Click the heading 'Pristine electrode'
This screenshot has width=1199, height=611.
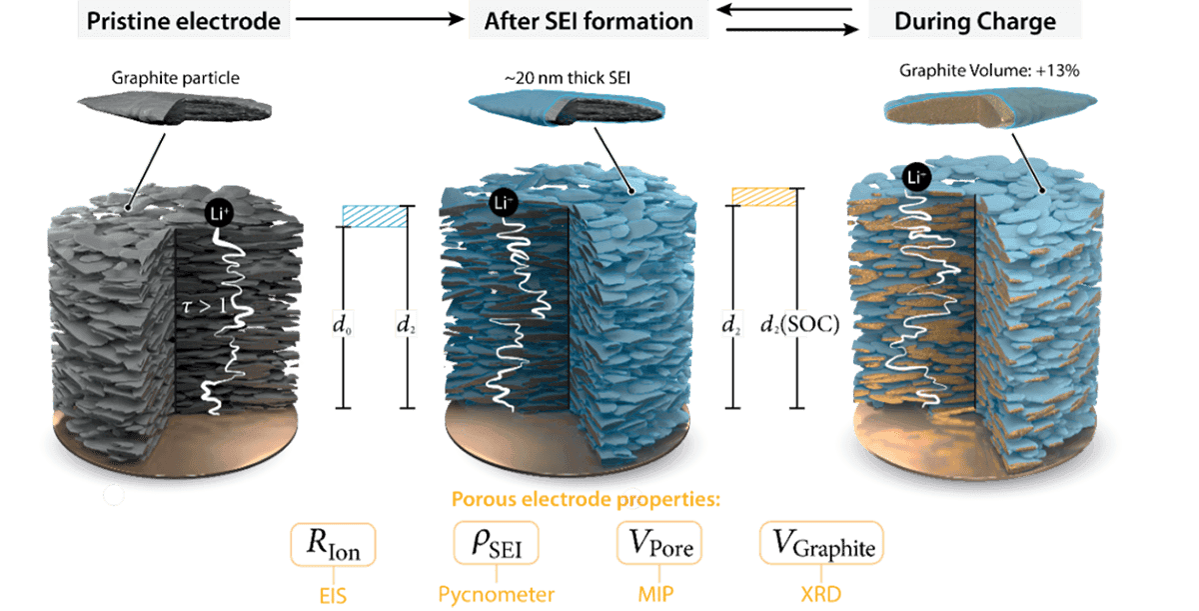point(184,21)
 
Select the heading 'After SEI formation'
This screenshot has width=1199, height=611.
point(589,21)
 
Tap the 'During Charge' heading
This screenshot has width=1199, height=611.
point(975,22)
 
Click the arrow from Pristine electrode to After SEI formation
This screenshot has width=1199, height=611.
point(380,19)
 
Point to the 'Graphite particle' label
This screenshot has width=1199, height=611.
point(175,78)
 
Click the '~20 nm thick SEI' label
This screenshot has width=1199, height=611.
point(567,78)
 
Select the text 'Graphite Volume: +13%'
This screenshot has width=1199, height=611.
point(989,71)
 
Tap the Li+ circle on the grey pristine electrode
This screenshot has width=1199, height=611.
point(219,214)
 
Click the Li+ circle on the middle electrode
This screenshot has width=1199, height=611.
point(504,202)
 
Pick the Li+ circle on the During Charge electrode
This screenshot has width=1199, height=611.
point(916,177)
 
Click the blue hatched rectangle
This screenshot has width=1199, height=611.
point(374,216)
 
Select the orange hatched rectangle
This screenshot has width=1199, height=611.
point(763,197)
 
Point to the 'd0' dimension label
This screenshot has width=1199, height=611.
point(342,325)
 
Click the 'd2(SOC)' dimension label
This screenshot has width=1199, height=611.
point(799,324)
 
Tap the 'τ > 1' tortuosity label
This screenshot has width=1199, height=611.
point(205,306)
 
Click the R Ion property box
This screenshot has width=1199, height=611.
point(333,545)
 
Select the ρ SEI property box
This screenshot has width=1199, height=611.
point(497,543)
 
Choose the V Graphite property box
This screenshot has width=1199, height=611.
point(821,543)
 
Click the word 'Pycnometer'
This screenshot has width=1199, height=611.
point(497,594)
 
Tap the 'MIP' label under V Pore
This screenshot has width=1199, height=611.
point(655,594)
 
